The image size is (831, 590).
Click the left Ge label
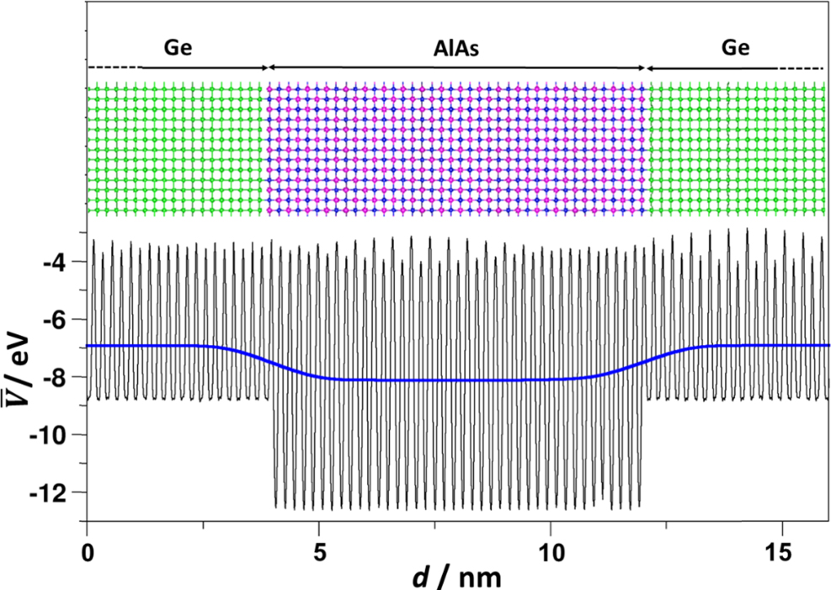coord(178,48)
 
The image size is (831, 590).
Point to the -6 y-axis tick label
coord(58,320)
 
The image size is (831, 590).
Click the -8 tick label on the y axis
coord(58,377)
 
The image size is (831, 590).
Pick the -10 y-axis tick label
coord(53,434)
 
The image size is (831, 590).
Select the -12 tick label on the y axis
coord(53,492)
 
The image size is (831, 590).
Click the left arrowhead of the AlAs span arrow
coord(271,67)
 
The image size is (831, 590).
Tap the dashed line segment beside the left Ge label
coord(115,67)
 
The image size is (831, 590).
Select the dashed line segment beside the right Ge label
coord(801,67)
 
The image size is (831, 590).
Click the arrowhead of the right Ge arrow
coord(649,67)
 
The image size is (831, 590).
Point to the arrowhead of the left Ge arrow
coord(264,67)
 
